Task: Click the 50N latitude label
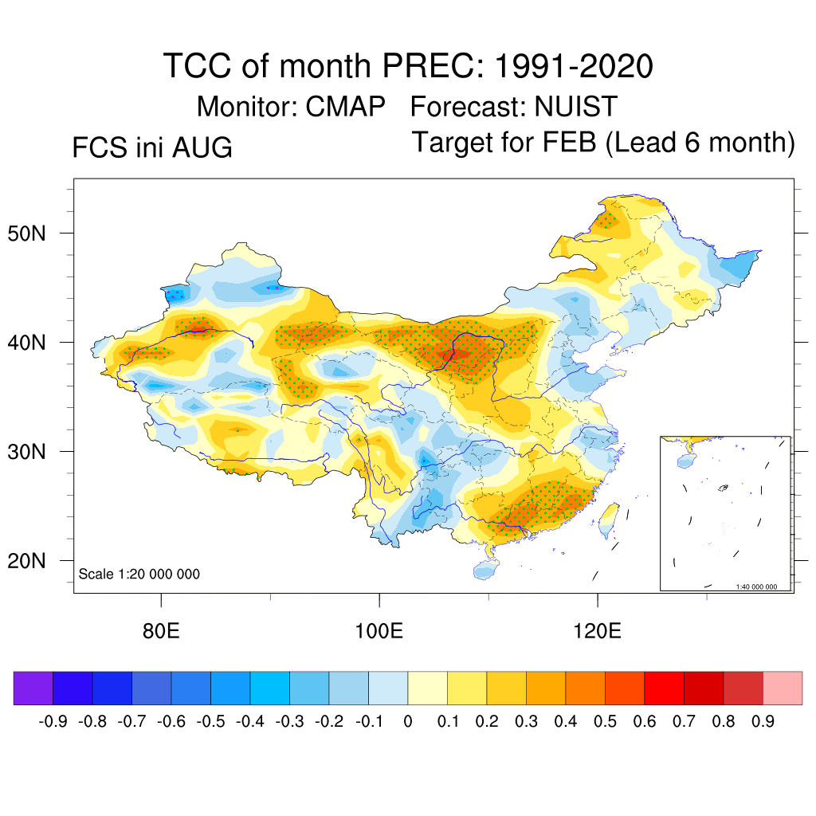[x=26, y=233]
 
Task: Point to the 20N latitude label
[x=26, y=561]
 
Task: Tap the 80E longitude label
[x=161, y=631]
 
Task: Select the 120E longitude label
[x=597, y=631]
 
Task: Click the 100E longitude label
[x=379, y=631]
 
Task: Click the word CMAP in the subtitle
[x=345, y=107]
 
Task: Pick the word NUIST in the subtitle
[x=575, y=107]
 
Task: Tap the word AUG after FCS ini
[x=202, y=147]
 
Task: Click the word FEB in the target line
[x=569, y=142]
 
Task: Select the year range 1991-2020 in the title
[x=574, y=66]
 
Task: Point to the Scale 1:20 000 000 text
[x=139, y=574]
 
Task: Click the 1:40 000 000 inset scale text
[x=756, y=586]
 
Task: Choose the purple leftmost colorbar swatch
[x=33, y=688]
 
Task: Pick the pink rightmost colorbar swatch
[x=783, y=688]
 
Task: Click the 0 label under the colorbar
[x=408, y=721]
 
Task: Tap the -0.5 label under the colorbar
[x=210, y=721]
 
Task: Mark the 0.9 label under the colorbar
[x=763, y=721]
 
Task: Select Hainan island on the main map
[x=486, y=570]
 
